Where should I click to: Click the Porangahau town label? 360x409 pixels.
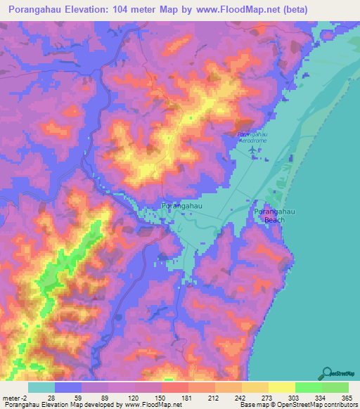click(182, 205)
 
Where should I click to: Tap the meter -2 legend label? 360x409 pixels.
click(13, 398)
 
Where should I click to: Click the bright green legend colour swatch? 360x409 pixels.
click(309, 387)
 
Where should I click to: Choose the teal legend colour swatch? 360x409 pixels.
click(41, 387)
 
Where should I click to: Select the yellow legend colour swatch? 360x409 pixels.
click(282, 387)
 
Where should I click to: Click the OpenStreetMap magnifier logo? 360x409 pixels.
click(326, 373)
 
